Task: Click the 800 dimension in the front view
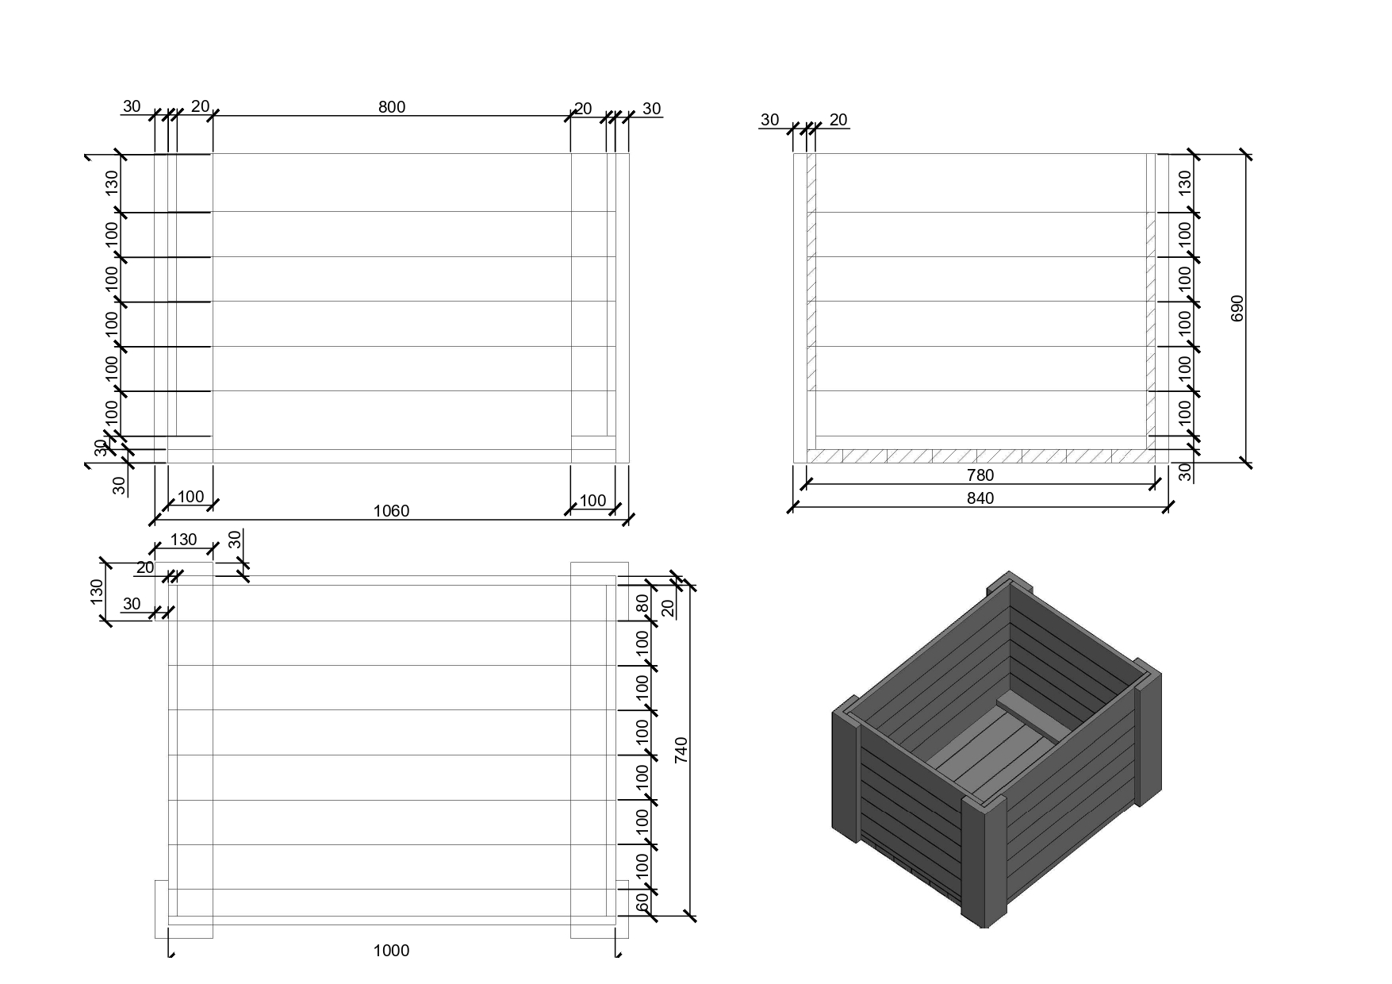pyautogui.click(x=392, y=107)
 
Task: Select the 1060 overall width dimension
pyautogui.click(x=392, y=511)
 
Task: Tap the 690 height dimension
pyautogui.click(x=1237, y=309)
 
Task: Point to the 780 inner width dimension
pyautogui.click(x=980, y=475)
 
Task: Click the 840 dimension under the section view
pyautogui.click(x=980, y=498)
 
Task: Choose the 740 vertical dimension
pyautogui.click(x=681, y=751)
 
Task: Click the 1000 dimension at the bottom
pyautogui.click(x=392, y=951)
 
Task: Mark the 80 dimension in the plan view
pyautogui.click(x=642, y=603)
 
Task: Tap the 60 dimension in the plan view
pyautogui.click(x=642, y=901)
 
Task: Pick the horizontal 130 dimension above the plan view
pyautogui.click(x=183, y=540)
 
